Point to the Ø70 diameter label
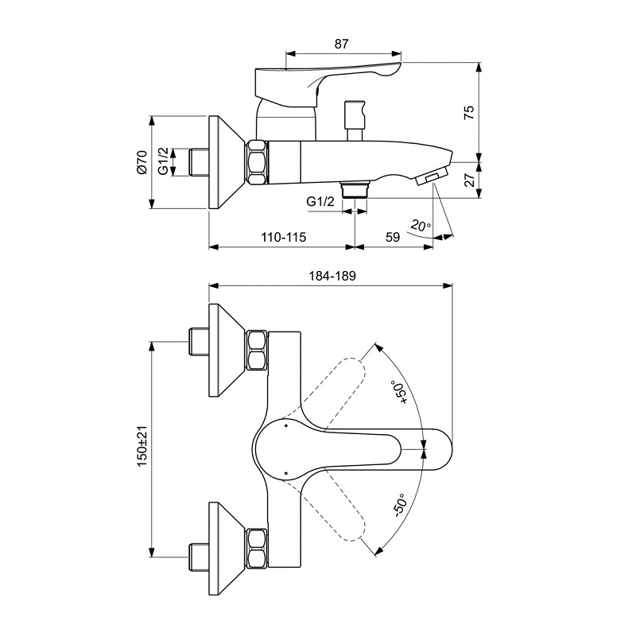(x=142, y=162)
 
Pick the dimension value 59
(x=392, y=238)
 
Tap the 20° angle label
(x=420, y=226)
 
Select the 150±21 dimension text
(x=142, y=446)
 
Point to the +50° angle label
(x=398, y=394)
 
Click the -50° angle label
(x=397, y=505)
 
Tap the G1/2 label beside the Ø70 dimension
(x=163, y=162)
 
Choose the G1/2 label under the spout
(x=320, y=202)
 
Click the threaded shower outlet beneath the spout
(x=354, y=188)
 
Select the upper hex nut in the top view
(x=257, y=350)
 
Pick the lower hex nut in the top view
(x=257, y=549)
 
